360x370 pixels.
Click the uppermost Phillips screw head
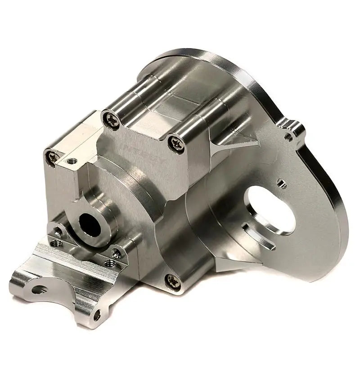click(111, 120)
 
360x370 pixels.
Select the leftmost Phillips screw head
click(53, 157)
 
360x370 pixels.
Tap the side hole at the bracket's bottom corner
click(97, 315)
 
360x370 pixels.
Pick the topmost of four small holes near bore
click(58, 231)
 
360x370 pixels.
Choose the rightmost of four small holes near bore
click(117, 254)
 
